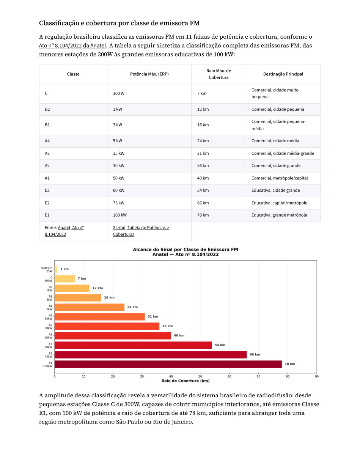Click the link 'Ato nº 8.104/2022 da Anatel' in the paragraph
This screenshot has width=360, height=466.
(72, 46)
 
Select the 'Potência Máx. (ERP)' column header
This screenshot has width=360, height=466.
(149, 74)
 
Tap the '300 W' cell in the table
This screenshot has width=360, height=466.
(119, 93)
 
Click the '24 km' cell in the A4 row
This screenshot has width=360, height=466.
(203, 141)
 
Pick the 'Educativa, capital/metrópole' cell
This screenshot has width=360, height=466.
(279, 203)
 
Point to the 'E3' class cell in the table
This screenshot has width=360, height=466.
(47, 190)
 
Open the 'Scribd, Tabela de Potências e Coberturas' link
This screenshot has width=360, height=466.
(141, 231)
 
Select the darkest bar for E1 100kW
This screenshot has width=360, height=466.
(168, 364)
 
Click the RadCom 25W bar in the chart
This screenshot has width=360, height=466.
(56, 269)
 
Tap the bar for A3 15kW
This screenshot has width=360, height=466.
(100, 316)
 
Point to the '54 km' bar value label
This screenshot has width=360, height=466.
(220, 345)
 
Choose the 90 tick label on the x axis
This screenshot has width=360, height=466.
(317, 376)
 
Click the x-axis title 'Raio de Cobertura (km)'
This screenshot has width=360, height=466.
(186, 381)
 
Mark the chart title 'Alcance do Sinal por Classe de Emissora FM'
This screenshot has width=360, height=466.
(186, 249)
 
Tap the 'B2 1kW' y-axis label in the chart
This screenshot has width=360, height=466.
(49, 288)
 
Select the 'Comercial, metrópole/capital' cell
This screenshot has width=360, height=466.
(280, 178)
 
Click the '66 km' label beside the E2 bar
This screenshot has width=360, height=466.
(255, 354)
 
